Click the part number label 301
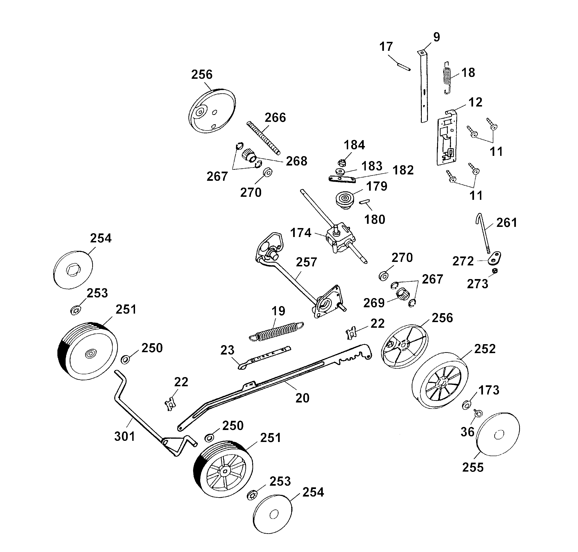tap(124, 436)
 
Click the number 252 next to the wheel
tap(485, 349)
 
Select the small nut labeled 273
tap(495, 270)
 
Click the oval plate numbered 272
tap(495, 258)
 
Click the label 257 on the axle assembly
tap(306, 262)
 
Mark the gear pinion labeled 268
tap(249, 156)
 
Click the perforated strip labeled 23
tap(265, 357)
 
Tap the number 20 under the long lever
tap(302, 398)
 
